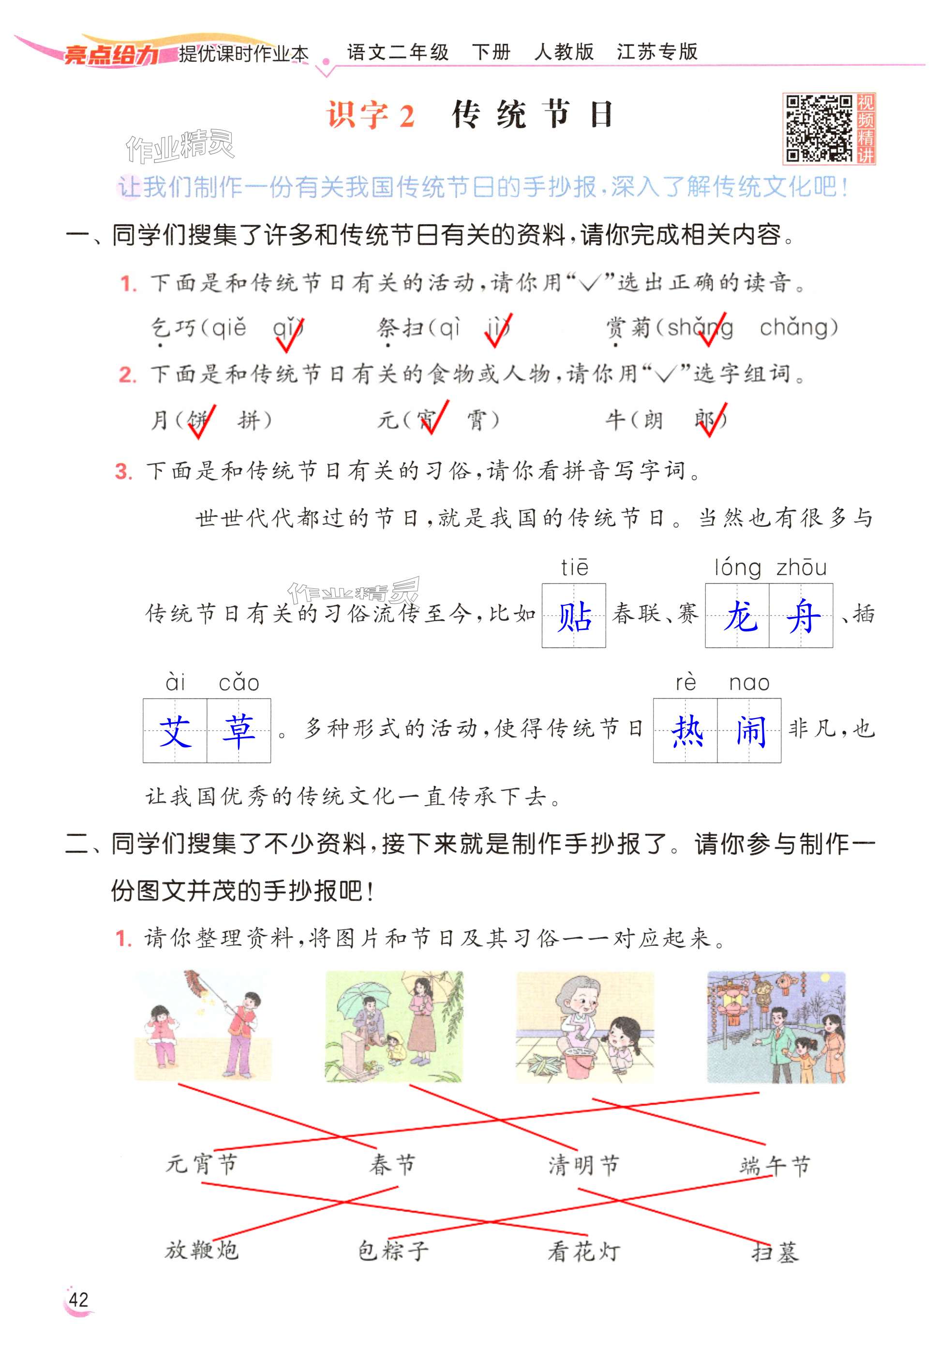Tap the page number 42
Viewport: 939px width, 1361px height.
coord(78,1299)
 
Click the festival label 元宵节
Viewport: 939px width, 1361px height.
coord(201,1163)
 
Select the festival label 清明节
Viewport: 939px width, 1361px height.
coord(583,1164)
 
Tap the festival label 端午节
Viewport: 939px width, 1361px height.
coord(774,1165)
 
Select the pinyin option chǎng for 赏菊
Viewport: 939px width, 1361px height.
coord(798,327)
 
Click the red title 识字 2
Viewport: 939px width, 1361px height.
coord(371,115)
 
